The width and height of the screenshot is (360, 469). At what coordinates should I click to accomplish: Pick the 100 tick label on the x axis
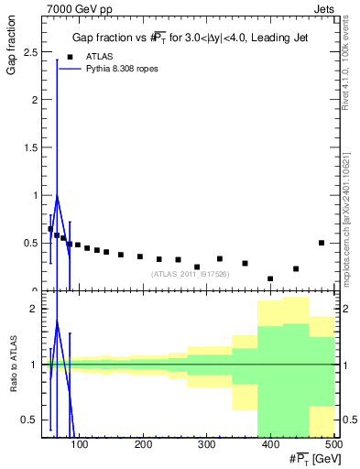pos(80,444)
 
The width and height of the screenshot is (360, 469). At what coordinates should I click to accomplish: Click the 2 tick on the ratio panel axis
pos(38,309)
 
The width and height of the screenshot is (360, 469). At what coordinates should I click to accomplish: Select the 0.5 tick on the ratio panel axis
pos(33,420)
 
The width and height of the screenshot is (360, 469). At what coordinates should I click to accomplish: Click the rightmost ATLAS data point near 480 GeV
pos(322,243)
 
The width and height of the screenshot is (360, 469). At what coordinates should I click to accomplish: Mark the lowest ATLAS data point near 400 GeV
pos(270,278)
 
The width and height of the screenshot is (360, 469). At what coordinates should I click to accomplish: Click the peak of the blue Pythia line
pos(57,196)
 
